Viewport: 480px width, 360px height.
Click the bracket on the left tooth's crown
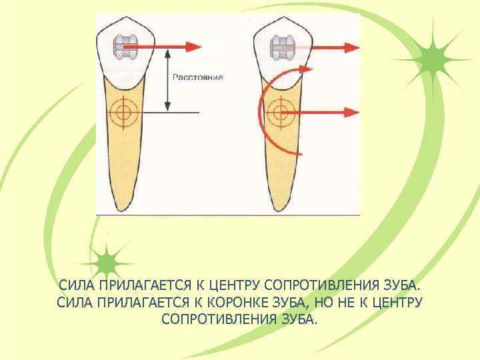(124, 46)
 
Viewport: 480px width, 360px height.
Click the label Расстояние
(198, 77)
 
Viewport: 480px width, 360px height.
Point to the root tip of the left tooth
(123, 207)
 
